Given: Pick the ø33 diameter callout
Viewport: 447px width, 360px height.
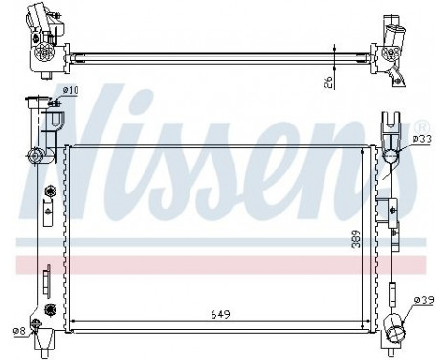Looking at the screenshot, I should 420,140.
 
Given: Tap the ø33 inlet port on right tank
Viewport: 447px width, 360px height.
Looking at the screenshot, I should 391,157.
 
